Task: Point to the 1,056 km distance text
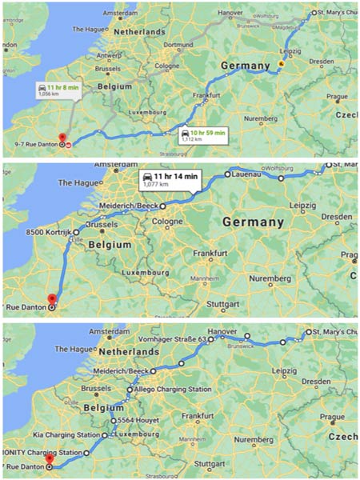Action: pos(50,94)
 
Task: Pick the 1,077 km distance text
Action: pos(154,184)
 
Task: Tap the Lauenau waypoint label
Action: pos(250,174)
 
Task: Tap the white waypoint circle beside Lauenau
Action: pos(228,174)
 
